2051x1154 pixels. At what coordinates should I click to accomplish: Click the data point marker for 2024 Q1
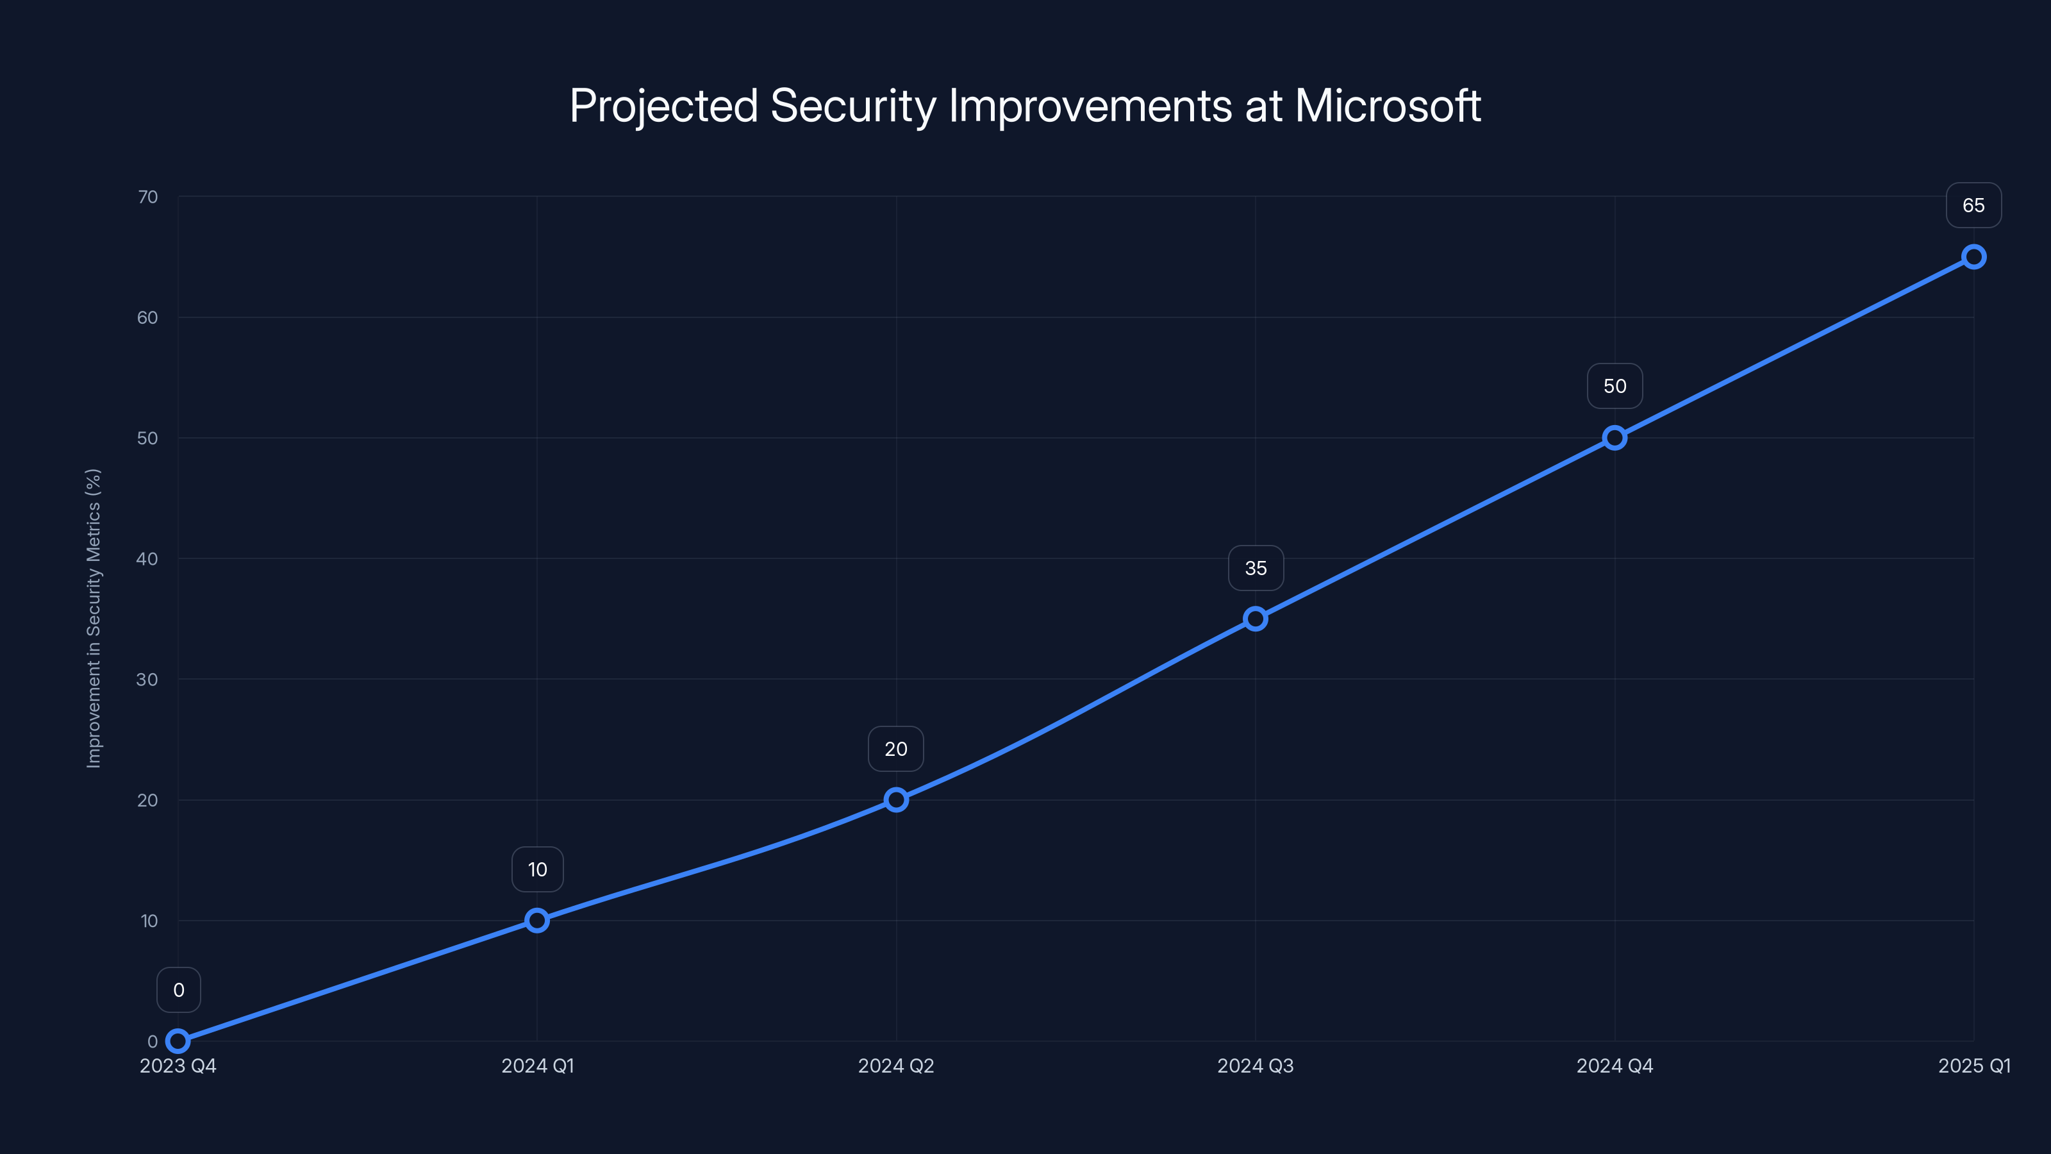538,921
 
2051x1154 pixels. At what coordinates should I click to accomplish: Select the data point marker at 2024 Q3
1256,619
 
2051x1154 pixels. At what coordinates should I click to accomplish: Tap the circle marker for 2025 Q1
1974,256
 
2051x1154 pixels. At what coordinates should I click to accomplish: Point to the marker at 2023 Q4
178,1041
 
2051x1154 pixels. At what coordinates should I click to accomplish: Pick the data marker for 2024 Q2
897,799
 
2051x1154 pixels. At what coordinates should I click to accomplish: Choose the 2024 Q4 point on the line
1615,438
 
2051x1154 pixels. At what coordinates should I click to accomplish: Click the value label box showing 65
1974,205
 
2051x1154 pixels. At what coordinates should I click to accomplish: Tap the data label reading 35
1256,568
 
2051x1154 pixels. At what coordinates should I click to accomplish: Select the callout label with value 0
178,990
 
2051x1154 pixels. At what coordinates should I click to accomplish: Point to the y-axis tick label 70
147,197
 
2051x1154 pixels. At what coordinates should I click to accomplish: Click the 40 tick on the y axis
147,559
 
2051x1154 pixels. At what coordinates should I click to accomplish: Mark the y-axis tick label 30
147,680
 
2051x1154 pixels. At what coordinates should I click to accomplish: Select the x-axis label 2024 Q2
896,1066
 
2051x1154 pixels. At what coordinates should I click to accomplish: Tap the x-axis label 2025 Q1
1974,1066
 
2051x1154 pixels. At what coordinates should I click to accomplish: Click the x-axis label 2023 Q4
178,1066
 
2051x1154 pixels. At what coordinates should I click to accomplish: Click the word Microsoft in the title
1388,106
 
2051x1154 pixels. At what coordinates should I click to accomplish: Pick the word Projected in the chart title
663,106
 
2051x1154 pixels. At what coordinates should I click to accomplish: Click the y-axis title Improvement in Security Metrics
94,618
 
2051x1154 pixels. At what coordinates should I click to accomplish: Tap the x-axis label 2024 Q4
1615,1066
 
